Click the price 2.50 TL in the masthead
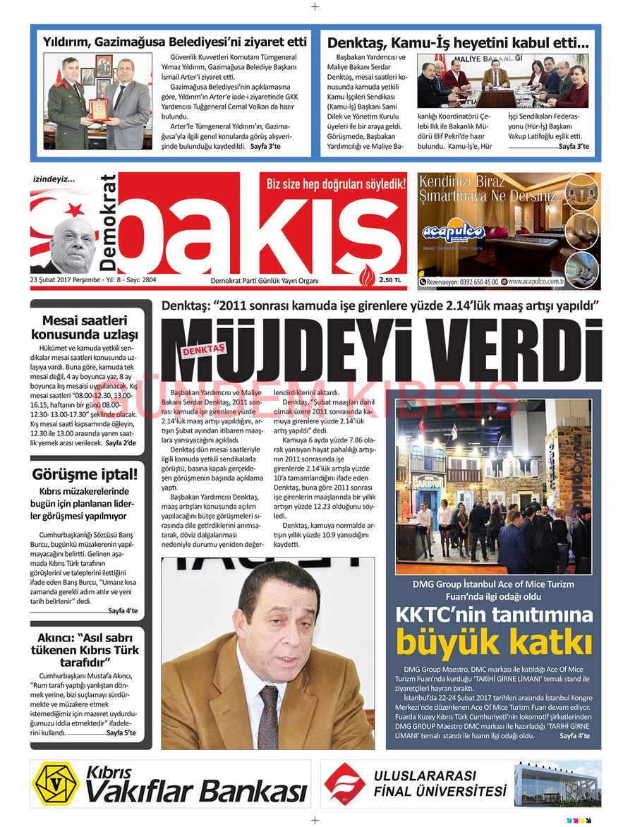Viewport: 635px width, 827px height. pos(389,280)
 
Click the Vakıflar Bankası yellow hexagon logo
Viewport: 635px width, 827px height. pos(56,783)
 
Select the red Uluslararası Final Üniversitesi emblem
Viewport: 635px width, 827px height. pos(345,783)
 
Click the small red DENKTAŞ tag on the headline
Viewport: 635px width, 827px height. pos(202,349)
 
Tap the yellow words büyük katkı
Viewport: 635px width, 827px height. pos(493,643)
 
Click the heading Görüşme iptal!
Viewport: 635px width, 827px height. pos(85,474)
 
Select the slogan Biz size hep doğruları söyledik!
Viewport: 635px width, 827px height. pos(336,185)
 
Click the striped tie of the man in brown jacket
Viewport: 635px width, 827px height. pos(268,706)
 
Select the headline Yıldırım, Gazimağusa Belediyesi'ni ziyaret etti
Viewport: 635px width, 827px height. pos(174,42)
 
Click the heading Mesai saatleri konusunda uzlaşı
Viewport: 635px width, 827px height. pos(85,327)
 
